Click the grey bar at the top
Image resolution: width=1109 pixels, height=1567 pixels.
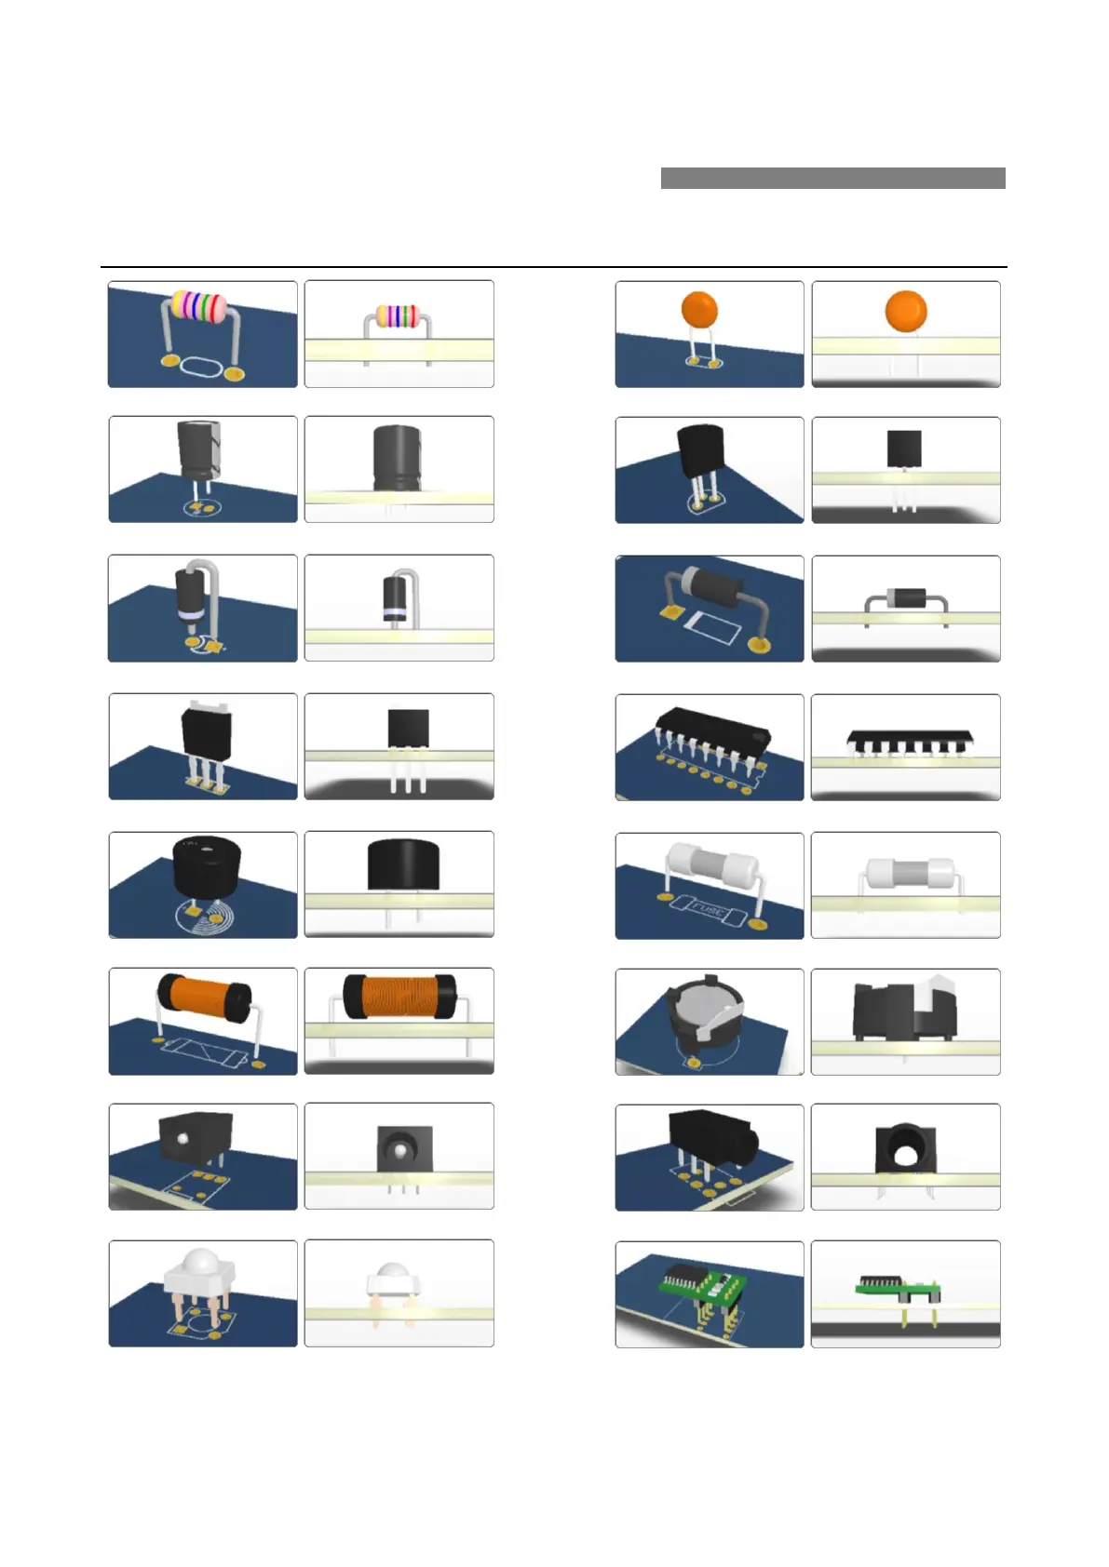point(832,178)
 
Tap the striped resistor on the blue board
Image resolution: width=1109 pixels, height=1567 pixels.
point(197,306)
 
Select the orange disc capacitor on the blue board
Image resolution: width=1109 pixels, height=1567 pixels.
point(699,309)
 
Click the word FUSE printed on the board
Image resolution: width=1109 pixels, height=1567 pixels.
point(707,908)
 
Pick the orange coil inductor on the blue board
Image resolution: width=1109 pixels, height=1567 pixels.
point(203,996)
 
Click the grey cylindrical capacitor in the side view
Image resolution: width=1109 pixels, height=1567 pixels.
point(398,458)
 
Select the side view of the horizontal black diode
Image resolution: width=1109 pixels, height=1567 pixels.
point(906,597)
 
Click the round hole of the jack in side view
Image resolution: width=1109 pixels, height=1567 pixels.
point(904,1156)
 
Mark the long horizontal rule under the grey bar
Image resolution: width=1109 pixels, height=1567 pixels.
point(554,267)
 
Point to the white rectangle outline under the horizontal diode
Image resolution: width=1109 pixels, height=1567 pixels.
point(712,629)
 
